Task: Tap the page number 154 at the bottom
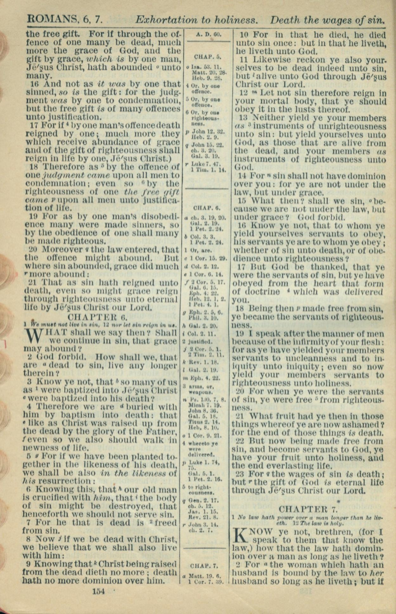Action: pos(98,591)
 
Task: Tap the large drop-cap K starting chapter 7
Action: pos(241,535)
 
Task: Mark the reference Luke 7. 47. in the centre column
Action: pos(207,164)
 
